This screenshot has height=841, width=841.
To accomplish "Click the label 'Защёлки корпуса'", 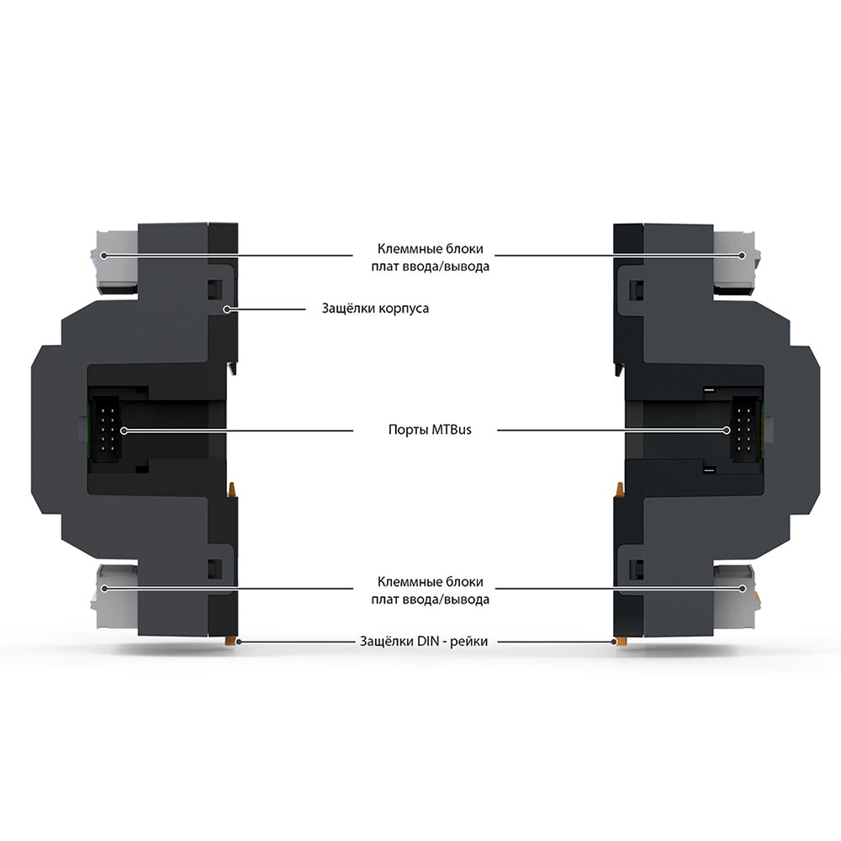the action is pos(375,309).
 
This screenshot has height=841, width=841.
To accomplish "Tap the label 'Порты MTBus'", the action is pos(430,430).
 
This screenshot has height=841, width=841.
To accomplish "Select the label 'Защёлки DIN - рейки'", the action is pos(424,641).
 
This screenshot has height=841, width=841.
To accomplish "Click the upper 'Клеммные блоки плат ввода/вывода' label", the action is pos(430,257).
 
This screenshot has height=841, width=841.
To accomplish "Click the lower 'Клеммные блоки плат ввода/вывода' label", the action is pos(430,590).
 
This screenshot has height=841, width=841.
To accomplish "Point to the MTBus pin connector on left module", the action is pos(108,430).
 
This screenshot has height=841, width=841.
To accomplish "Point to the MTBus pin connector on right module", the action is pos(744,430).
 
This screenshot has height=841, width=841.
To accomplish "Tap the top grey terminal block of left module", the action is pos(118,262).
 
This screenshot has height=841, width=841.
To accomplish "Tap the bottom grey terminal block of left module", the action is pos(118,595).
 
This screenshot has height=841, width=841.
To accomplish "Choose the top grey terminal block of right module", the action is pos(733,262).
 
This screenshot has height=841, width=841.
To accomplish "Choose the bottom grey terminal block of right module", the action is pos(733,595).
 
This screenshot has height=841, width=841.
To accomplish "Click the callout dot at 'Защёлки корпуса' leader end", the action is pos(227,309).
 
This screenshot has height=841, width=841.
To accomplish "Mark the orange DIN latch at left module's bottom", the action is pos(231,640).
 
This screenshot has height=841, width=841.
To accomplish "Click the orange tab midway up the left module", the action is pos(233,489).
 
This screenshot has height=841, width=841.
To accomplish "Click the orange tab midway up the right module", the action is pos(620,489).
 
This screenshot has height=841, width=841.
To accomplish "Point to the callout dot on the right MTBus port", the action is pos(727,430).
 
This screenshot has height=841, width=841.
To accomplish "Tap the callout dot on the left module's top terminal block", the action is pos(104,256).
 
